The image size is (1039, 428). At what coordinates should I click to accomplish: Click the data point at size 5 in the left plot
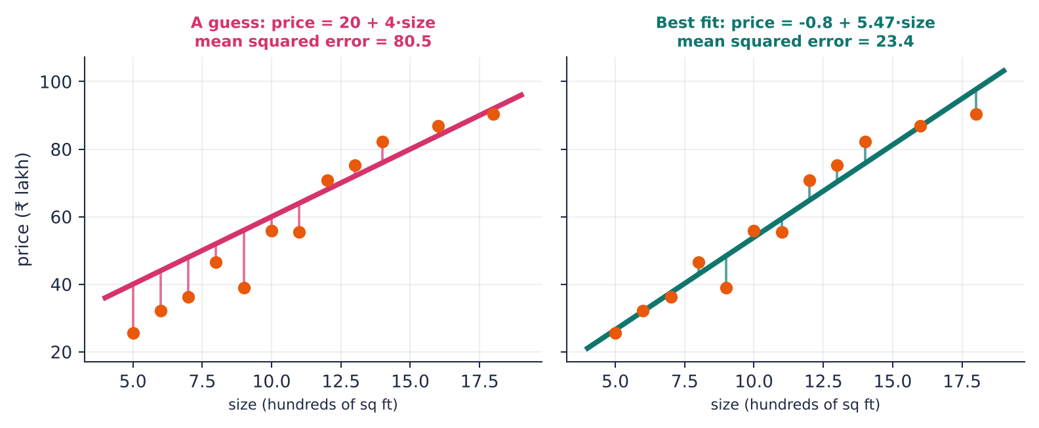[133, 334]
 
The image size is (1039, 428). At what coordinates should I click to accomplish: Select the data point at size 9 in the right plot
[726, 288]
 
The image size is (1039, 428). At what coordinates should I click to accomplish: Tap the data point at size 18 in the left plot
[493, 115]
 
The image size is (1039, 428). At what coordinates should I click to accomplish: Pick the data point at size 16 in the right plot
[920, 126]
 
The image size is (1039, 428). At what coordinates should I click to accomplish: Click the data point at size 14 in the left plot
[382, 142]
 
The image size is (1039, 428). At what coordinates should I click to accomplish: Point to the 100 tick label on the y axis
[56, 83]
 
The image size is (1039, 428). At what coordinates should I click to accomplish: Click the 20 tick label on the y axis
[62, 353]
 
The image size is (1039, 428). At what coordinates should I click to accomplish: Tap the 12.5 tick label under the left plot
[341, 382]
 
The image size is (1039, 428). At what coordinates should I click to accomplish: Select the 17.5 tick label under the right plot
[962, 382]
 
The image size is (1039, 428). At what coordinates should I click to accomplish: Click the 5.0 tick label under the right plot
[615, 382]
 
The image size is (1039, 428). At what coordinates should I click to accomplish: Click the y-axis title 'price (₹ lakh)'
[22, 210]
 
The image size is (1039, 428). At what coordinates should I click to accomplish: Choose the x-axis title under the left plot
[313, 405]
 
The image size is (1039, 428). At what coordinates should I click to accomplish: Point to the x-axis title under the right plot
[796, 405]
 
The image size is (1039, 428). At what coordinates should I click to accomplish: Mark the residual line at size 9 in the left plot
[244, 259]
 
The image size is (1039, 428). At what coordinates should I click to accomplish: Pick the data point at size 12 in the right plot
[809, 181]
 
